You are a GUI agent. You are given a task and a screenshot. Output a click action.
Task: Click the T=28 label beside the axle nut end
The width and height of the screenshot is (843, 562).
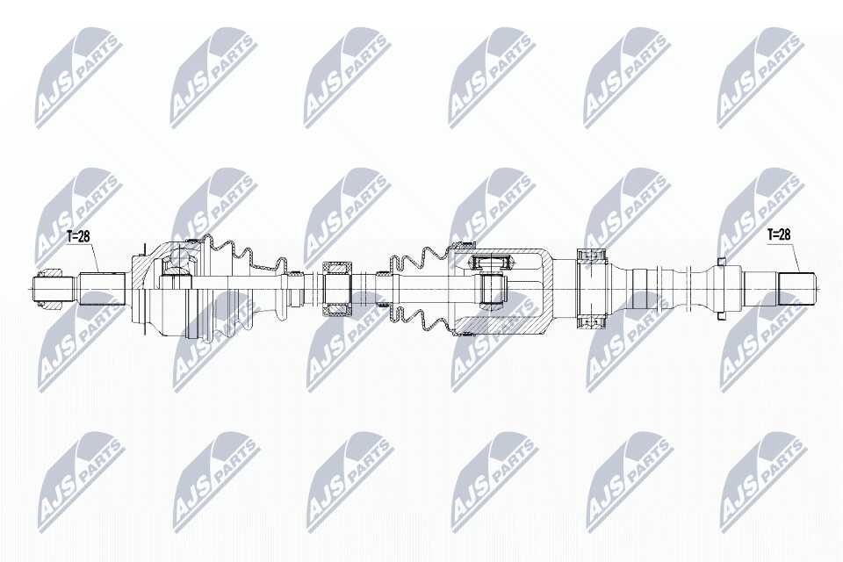tap(77, 236)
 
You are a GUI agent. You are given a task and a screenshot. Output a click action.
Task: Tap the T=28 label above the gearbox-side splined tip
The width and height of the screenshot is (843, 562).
tap(779, 235)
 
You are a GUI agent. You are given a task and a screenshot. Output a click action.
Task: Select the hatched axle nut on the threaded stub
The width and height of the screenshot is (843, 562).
tap(51, 289)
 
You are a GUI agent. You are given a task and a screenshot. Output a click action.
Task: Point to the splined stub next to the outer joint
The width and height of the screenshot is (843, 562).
tap(102, 289)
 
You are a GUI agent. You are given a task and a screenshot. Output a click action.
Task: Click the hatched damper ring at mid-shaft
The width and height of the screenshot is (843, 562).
tap(335, 289)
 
